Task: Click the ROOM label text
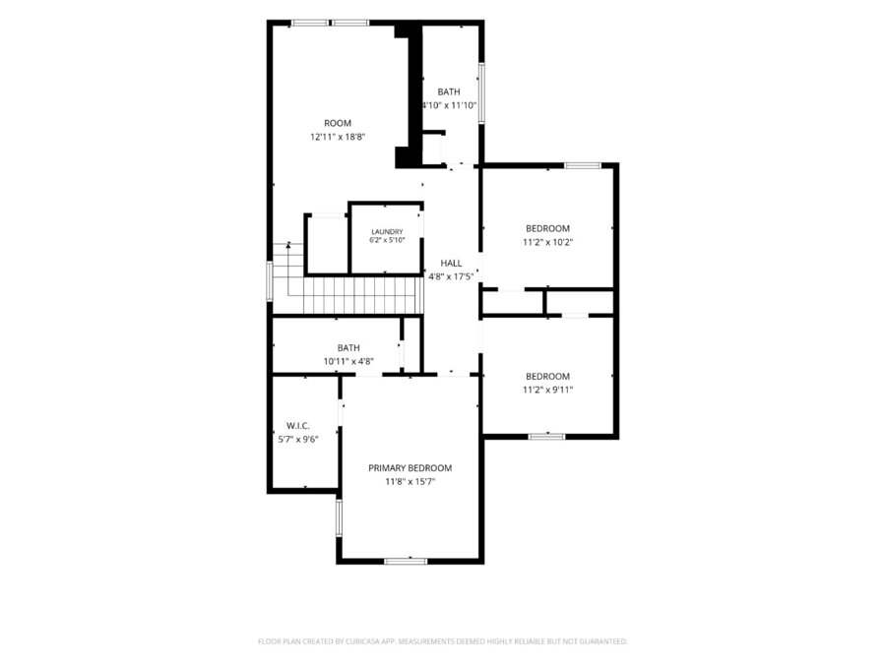(338, 123)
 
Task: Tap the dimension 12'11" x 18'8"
(338, 137)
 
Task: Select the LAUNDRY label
(387, 231)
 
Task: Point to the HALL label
(451, 263)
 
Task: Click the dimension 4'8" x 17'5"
(451, 276)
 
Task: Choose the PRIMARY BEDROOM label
(411, 468)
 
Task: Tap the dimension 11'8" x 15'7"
(411, 482)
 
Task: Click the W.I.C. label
(297, 426)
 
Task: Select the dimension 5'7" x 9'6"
(298, 440)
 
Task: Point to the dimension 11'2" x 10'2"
(547, 242)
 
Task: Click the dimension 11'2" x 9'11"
(547, 390)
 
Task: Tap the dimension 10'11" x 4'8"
(348, 361)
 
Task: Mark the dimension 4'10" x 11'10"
(450, 105)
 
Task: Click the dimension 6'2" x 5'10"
(387, 240)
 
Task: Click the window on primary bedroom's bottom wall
(406, 561)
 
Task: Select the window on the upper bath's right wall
(481, 93)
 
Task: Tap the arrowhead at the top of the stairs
(288, 245)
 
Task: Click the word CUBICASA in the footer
(361, 641)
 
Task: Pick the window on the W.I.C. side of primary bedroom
(339, 517)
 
